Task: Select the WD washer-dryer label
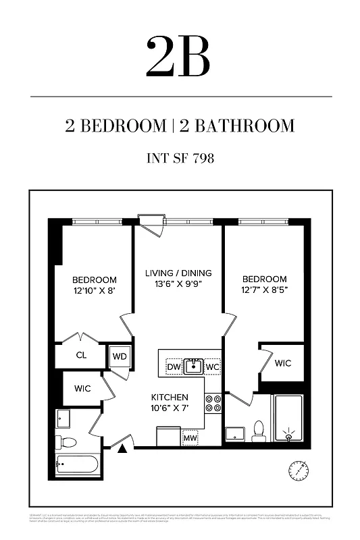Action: (x=120, y=356)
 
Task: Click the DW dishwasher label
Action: (x=173, y=367)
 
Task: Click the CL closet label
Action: (x=81, y=355)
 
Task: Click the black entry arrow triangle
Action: (x=124, y=446)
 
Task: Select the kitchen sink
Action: (x=194, y=367)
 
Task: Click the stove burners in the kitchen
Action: (x=213, y=403)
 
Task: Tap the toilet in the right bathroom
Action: (x=258, y=431)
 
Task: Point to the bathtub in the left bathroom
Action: (x=78, y=464)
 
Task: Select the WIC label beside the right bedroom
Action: (x=283, y=363)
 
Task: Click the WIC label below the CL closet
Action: (x=82, y=389)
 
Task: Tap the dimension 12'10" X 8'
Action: (x=95, y=291)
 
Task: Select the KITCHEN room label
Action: (x=169, y=397)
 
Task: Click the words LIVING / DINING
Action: (x=178, y=273)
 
